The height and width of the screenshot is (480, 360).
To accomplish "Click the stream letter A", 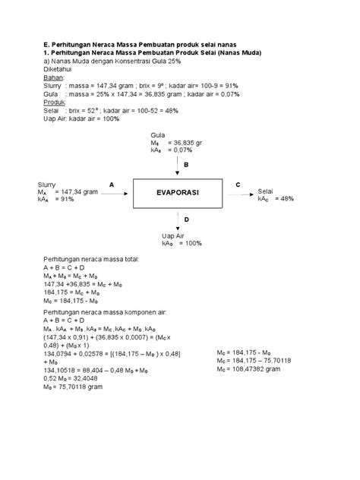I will click(x=112, y=185).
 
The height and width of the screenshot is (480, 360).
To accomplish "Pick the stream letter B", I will click(x=185, y=164).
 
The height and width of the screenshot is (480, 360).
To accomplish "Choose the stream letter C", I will click(x=238, y=185).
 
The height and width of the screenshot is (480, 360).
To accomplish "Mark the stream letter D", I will click(x=185, y=219).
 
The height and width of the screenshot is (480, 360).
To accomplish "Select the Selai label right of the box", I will click(x=266, y=191).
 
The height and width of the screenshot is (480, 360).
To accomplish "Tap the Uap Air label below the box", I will click(x=174, y=235).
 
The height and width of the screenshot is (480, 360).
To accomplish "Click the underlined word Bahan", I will click(x=53, y=77).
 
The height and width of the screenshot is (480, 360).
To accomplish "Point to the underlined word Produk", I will click(x=55, y=102).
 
